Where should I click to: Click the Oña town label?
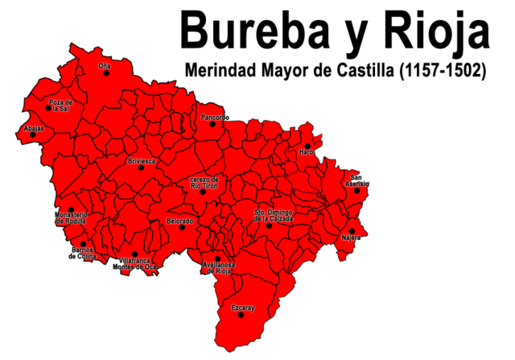[x=105, y=65]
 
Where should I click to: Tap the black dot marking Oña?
[x=105, y=73]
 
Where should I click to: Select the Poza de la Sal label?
[x=60, y=106]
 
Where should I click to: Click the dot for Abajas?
[x=33, y=134]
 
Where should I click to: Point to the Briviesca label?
[x=142, y=161]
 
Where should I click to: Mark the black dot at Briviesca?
[x=141, y=168]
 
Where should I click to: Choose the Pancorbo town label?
[x=215, y=117]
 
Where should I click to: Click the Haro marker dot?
[x=307, y=146]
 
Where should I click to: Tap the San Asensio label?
[x=357, y=180]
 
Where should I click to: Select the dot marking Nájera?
[x=352, y=231]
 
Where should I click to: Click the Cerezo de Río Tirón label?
[x=204, y=182]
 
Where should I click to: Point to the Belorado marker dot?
[x=182, y=227]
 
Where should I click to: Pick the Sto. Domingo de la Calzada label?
[x=274, y=215]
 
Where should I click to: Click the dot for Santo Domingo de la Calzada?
[x=270, y=226]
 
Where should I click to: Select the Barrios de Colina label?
[x=83, y=254]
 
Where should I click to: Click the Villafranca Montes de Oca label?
[x=134, y=264]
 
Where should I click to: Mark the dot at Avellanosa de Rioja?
[x=217, y=259]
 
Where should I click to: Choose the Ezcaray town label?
[x=243, y=308]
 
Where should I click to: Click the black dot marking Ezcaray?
[x=241, y=315]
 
